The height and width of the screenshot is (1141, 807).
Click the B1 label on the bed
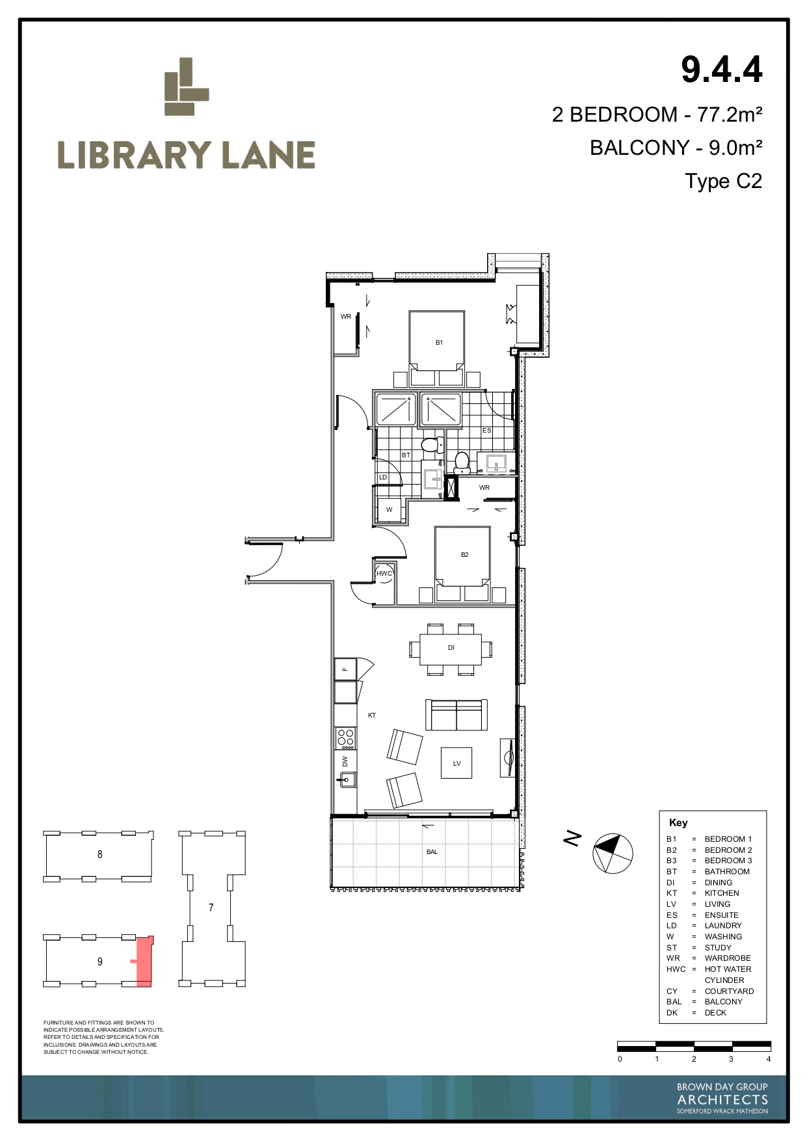[439, 342]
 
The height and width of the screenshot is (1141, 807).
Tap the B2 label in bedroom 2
[464, 554]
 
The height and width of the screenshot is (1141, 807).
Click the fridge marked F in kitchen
[345, 669]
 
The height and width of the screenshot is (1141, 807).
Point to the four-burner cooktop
[345, 738]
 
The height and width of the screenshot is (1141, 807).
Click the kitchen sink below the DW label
[346, 779]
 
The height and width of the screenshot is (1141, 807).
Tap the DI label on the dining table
[451, 647]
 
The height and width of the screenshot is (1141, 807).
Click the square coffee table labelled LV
[456, 763]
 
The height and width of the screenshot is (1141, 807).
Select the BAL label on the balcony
[432, 852]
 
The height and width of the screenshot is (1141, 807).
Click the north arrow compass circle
[612, 853]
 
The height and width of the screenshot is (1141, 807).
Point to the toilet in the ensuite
[462, 463]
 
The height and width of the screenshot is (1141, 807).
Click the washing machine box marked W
[390, 510]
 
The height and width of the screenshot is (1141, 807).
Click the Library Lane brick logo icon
[186, 87]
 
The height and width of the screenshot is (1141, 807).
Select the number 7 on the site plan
[211, 907]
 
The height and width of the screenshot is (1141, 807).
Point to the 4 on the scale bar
[769, 1059]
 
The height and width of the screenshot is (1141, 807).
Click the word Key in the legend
[678, 822]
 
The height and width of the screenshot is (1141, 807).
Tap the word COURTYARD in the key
[729, 991]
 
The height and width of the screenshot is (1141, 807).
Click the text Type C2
[723, 181]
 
